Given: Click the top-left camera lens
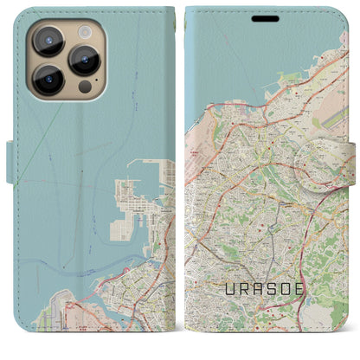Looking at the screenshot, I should coord(49,39).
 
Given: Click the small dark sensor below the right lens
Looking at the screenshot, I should coord(84,87).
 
